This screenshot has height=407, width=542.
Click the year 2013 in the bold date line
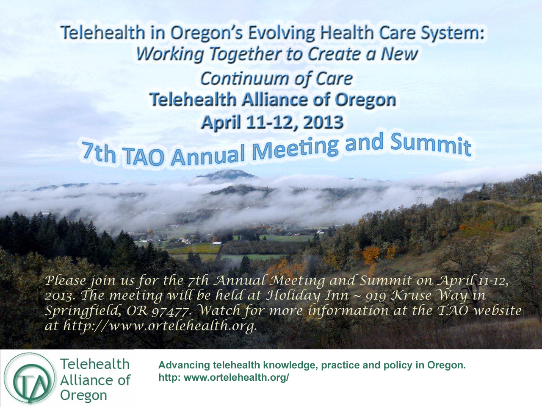coord(322,122)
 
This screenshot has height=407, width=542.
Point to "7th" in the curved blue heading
coord(99,156)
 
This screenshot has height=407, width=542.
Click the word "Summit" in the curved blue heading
coord(431,145)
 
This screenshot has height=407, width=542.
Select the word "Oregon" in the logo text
coord(83,395)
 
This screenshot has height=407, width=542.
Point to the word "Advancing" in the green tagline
coord(184,365)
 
